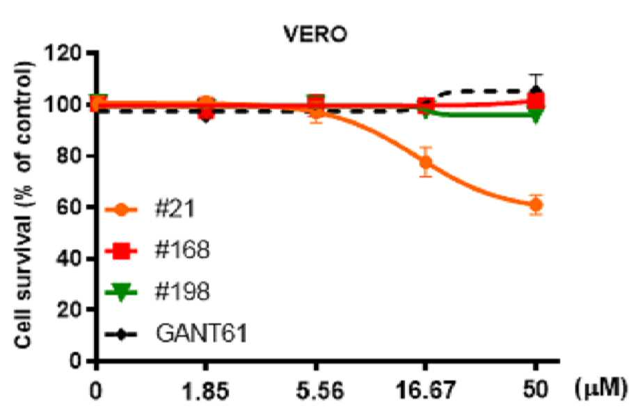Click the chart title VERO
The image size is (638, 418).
pos(315,34)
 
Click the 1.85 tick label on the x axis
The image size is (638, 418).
pos(205,391)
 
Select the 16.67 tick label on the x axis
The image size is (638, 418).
pos(426,391)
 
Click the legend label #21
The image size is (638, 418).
pos(175,209)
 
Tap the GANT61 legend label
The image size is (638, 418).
pos(202,333)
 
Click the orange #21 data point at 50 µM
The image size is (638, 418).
pos(536,205)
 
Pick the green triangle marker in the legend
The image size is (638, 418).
pos(121,292)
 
